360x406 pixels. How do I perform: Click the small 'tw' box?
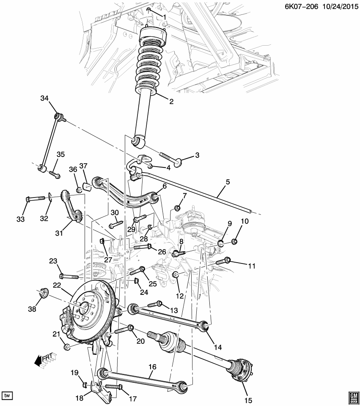[x=7, y=395]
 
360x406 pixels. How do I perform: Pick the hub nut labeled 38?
[x=44, y=293]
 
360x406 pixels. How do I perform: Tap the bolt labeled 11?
[x=223, y=262]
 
